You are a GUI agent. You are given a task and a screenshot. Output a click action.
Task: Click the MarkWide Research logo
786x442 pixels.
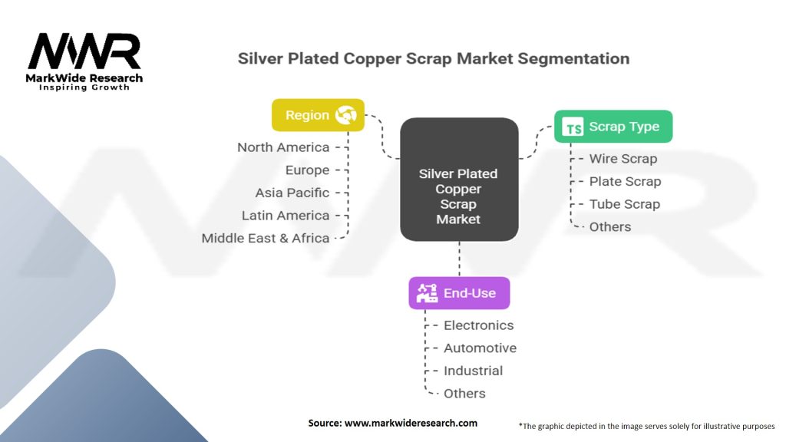85,61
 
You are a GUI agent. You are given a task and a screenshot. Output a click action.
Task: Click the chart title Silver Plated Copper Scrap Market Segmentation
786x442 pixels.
433,58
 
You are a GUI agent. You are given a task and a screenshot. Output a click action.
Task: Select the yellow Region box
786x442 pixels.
318,115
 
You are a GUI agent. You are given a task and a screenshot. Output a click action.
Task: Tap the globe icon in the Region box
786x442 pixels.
346,115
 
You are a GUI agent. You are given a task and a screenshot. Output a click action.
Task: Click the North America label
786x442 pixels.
283,147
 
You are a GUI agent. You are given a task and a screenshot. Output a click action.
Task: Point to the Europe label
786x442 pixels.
307,170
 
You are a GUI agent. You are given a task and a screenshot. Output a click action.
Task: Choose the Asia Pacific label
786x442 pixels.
292,193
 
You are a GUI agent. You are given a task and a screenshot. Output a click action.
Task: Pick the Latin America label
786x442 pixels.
286,216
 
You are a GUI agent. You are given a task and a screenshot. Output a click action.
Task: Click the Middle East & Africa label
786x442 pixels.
266,238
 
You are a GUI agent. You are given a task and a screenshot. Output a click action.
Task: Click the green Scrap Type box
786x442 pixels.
613,127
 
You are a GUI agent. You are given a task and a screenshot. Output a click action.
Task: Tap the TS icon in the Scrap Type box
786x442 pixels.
573,127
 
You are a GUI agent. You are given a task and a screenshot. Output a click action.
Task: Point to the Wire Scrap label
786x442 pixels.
623,159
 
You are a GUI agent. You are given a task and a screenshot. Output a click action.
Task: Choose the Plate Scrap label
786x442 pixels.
625,182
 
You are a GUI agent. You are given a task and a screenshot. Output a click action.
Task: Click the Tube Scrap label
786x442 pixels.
624,204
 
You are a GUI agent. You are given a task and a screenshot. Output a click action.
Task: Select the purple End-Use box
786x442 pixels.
459,293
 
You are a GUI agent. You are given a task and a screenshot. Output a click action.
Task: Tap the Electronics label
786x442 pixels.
478,325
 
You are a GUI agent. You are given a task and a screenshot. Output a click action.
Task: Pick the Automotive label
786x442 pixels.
480,348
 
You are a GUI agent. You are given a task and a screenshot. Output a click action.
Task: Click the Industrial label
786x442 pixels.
473,371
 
